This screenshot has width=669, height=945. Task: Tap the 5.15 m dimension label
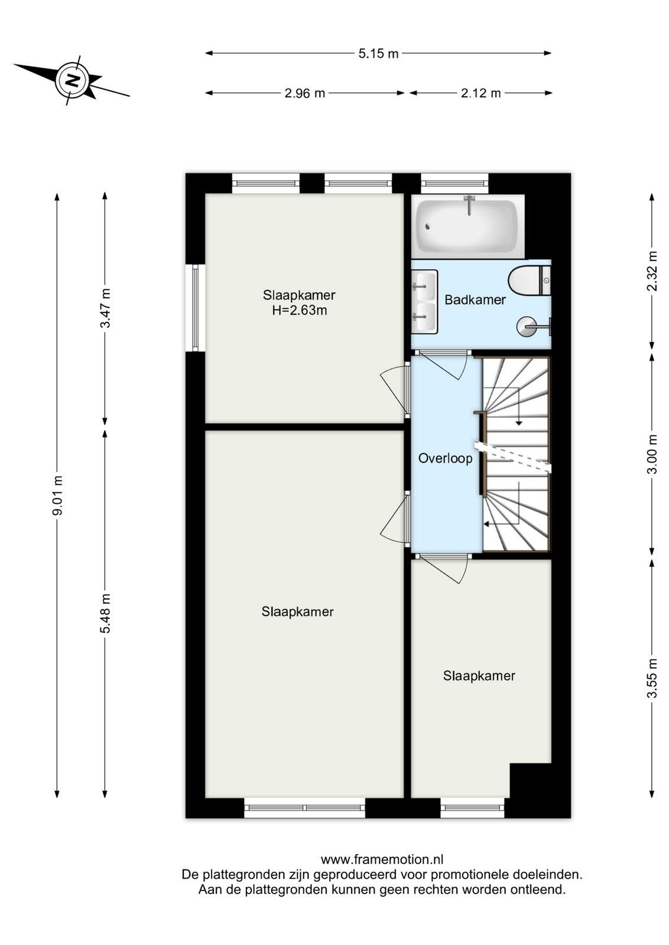tap(378, 54)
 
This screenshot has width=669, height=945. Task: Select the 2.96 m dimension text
tap(305, 93)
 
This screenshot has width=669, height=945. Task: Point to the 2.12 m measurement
tap(480, 93)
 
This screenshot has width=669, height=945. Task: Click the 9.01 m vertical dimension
tap(57, 495)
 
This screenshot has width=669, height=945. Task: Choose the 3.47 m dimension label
tap(105, 308)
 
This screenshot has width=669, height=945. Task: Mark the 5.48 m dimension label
tap(105, 613)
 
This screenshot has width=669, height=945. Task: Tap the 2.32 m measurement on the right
tap(652, 271)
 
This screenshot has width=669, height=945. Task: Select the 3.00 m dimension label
tap(652, 454)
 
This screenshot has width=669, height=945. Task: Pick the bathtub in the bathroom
tap(467, 226)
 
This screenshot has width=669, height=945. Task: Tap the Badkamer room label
tap(475, 300)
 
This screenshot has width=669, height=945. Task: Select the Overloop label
tap(445, 458)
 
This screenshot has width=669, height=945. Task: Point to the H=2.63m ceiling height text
tap(299, 311)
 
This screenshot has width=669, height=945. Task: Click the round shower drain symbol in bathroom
tap(527, 326)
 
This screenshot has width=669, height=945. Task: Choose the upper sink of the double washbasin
tap(424, 286)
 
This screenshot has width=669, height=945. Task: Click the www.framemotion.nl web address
tap(382, 859)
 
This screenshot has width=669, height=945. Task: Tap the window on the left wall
tap(196, 308)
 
